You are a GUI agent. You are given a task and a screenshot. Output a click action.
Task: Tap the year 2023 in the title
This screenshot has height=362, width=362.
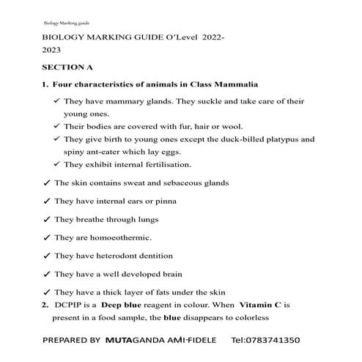pyautogui.click(x=52, y=49)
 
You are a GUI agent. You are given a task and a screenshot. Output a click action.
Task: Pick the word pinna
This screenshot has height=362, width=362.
pyautogui.click(x=163, y=201)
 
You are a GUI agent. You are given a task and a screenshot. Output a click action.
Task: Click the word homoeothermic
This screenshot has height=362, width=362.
pyautogui.click(x=120, y=237)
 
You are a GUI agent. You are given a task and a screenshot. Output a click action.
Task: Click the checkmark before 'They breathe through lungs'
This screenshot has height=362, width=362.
pyautogui.click(x=47, y=219)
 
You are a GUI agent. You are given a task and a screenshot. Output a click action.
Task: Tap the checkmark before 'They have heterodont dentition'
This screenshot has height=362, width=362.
pyautogui.click(x=47, y=256)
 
